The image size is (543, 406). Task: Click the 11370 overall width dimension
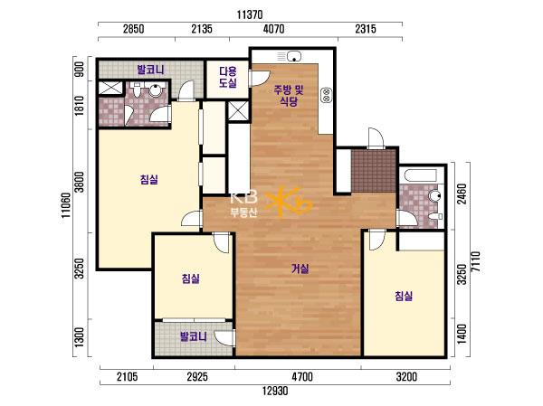[x=250, y=14]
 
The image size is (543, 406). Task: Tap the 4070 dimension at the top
[x=273, y=29]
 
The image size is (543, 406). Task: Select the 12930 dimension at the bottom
[x=275, y=392]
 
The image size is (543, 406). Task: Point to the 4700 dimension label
[x=302, y=376]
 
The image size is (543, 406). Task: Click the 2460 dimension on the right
[x=462, y=194]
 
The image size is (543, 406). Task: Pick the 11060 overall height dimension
[x=66, y=205]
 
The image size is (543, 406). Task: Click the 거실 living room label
[x=300, y=269]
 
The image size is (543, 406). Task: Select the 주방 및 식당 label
[x=289, y=96]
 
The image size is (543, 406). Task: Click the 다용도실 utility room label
[x=228, y=77]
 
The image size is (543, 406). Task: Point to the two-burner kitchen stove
[x=327, y=95]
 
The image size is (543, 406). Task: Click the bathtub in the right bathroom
[x=421, y=175]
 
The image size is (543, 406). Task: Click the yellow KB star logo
[x=293, y=202]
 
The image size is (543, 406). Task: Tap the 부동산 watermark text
[x=243, y=212]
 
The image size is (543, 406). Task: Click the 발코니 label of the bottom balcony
[x=194, y=336]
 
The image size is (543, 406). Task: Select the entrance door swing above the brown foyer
[x=376, y=138]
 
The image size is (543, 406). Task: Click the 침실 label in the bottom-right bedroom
[x=404, y=296]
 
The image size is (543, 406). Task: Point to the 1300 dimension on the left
[x=80, y=336]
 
